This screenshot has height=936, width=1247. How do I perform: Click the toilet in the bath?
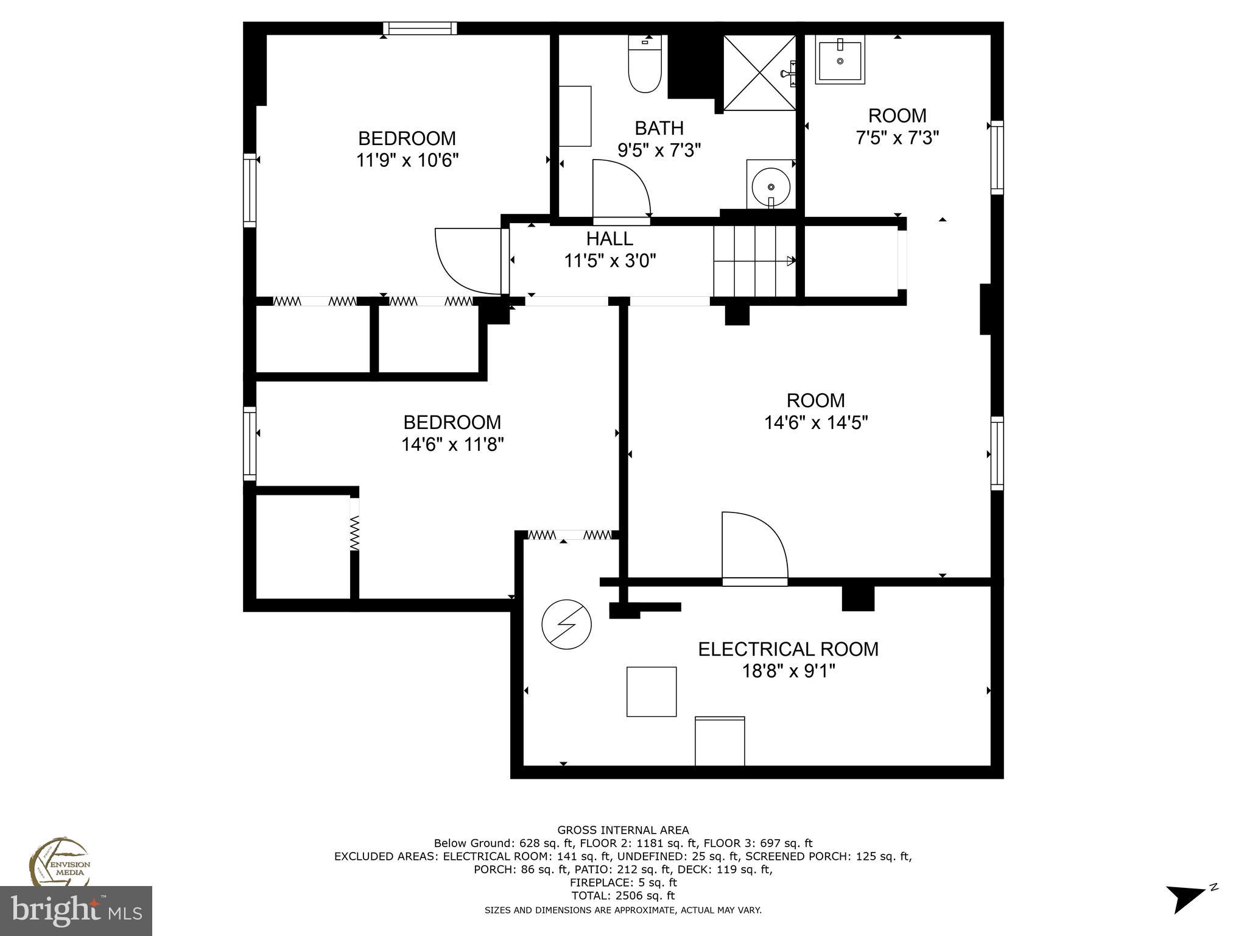pyautogui.click(x=645, y=66)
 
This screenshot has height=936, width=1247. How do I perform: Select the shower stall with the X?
pyautogui.click(x=759, y=73)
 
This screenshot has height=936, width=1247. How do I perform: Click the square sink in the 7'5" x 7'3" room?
pyautogui.click(x=840, y=60)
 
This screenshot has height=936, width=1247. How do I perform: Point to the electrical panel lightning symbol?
pyautogui.click(x=566, y=625)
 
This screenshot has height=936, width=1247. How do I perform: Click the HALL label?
pyautogui.click(x=609, y=238)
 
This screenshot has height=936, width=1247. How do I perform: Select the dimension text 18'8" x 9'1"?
pyautogui.click(x=788, y=672)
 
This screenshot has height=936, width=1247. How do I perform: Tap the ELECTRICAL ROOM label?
pyautogui.click(x=788, y=649)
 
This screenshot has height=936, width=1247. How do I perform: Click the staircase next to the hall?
pyautogui.click(x=755, y=260)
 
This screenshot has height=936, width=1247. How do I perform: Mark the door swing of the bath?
pyautogui.click(x=620, y=189)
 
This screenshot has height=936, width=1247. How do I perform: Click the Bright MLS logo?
pyautogui.click(x=76, y=911)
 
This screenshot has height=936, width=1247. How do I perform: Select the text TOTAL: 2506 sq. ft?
pyautogui.click(x=623, y=896)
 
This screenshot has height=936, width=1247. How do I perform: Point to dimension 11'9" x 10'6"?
pyautogui.click(x=407, y=161)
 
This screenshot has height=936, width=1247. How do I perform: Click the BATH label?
pyautogui.click(x=659, y=128)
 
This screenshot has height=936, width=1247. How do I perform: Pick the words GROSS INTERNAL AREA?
pyautogui.click(x=623, y=830)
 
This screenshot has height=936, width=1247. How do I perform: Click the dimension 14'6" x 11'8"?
pyautogui.click(x=452, y=445)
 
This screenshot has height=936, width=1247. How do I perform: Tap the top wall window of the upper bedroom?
pyautogui.click(x=420, y=29)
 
